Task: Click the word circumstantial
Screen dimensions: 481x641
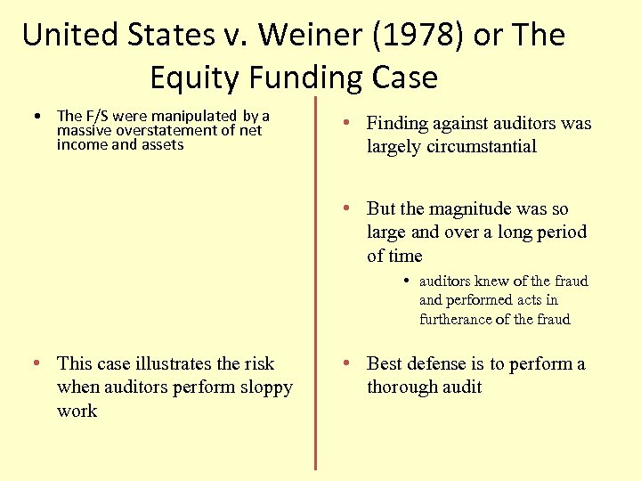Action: point(483,147)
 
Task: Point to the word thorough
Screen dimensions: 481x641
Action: point(402,387)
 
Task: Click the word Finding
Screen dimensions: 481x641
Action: point(398,124)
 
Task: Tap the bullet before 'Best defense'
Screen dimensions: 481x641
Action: point(350,363)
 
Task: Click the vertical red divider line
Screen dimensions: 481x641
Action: point(315,285)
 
